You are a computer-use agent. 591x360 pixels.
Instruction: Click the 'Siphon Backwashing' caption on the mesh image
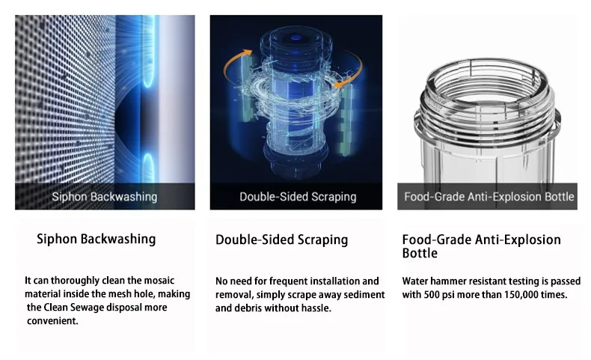pos(105,196)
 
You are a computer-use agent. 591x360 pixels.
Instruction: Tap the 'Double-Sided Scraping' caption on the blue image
pos(298,196)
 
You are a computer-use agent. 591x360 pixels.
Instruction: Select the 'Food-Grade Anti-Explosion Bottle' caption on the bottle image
pos(489,196)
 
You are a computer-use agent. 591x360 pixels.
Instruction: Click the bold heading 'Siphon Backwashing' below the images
pos(96,239)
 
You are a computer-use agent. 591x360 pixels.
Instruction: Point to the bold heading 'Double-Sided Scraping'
pos(281,240)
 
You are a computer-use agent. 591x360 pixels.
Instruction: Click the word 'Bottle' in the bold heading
pos(420,253)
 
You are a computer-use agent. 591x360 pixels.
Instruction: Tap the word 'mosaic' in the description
pos(159,281)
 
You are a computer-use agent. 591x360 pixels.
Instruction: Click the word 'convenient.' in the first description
pos(52,321)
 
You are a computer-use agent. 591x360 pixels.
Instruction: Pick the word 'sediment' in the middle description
pos(365,295)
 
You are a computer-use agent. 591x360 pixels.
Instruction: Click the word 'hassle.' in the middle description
pos(316,308)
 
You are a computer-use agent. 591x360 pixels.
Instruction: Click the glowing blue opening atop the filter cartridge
pos(296,37)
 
